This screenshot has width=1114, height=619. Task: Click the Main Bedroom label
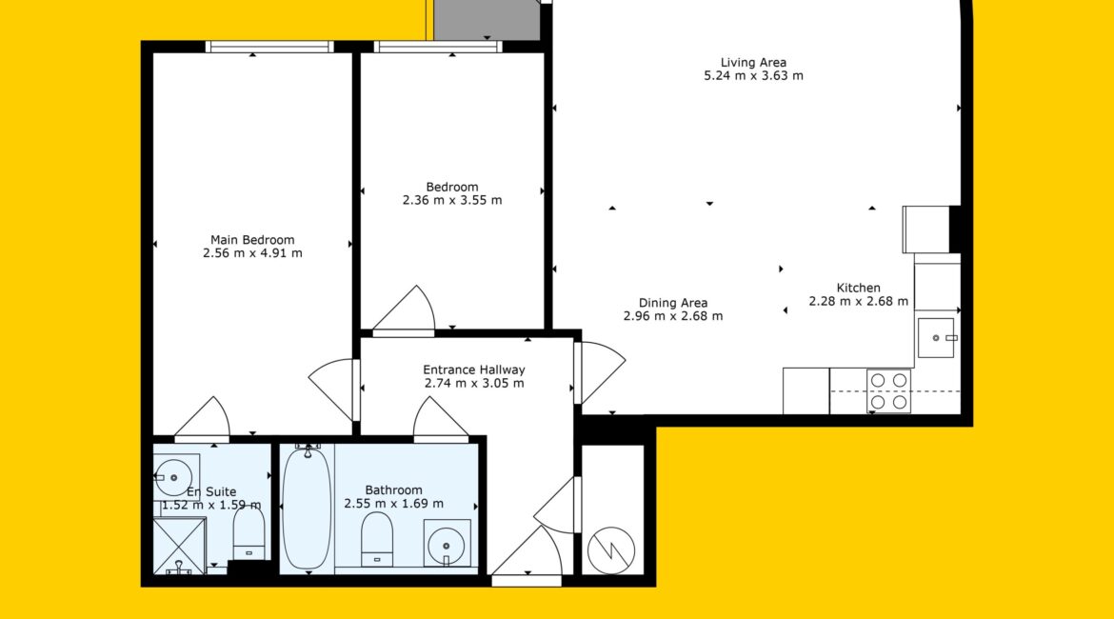252,240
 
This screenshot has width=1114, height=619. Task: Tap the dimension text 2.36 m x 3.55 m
452,200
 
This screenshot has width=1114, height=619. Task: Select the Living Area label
753,63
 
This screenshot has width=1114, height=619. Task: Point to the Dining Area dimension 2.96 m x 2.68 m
673,316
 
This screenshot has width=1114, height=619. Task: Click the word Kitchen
858,288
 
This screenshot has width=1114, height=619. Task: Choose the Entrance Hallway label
474,370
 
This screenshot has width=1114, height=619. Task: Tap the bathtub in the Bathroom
307,508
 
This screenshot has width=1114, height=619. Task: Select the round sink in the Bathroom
447,544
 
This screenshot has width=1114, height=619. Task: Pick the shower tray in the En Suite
180,546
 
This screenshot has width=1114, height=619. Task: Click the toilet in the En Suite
249,534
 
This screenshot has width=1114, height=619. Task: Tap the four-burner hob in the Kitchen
888,390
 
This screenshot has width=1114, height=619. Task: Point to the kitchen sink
937,338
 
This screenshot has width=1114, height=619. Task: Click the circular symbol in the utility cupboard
611,550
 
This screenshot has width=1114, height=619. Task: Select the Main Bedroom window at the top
269,47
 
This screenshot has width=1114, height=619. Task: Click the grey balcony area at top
487,20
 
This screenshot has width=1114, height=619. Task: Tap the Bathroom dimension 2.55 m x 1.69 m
393,504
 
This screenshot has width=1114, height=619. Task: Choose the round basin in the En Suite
173,477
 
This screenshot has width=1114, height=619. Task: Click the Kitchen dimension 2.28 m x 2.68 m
858,301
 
